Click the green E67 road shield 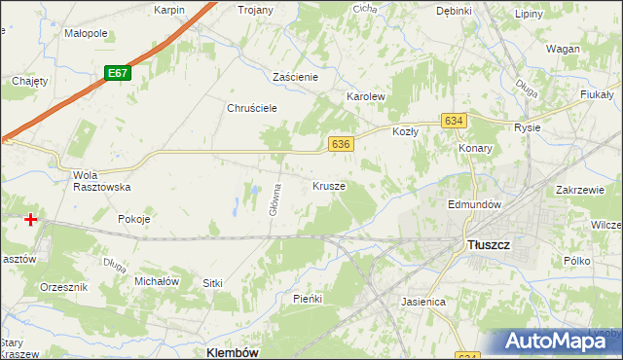pyautogui.click(x=118, y=74)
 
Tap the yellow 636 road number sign pyautogui.click(x=340, y=144)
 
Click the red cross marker pyautogui.click(x=31, y=220)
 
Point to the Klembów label pyautogui.click(x=233, y=352)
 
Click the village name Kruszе pyautogui.click(x=329, y=185)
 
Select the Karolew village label pyautogui.click(x=367, y=98)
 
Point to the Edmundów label pyautogui.click(x=473, y=205)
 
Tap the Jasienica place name pyautogui.click(x=423, y=302)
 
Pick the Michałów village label pyautogui.click(x=156, y=281)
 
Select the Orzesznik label pyautogui.click(x=64, y=288)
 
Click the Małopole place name pyautogui.click(x=86, y=33)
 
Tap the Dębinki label pyautogui.click(x=454, y=11)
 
